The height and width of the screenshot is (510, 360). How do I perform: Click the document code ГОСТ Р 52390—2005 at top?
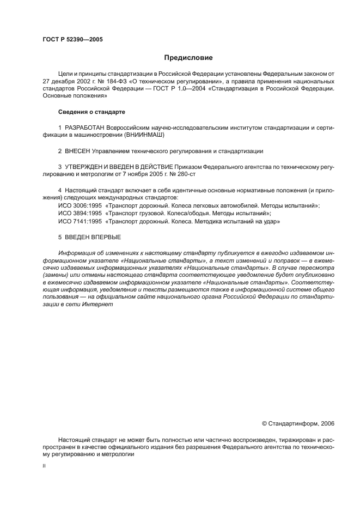pos(72,40)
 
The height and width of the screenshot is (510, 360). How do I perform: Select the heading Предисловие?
pos(188,57)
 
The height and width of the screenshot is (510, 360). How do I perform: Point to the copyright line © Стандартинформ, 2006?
pos(298,422)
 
